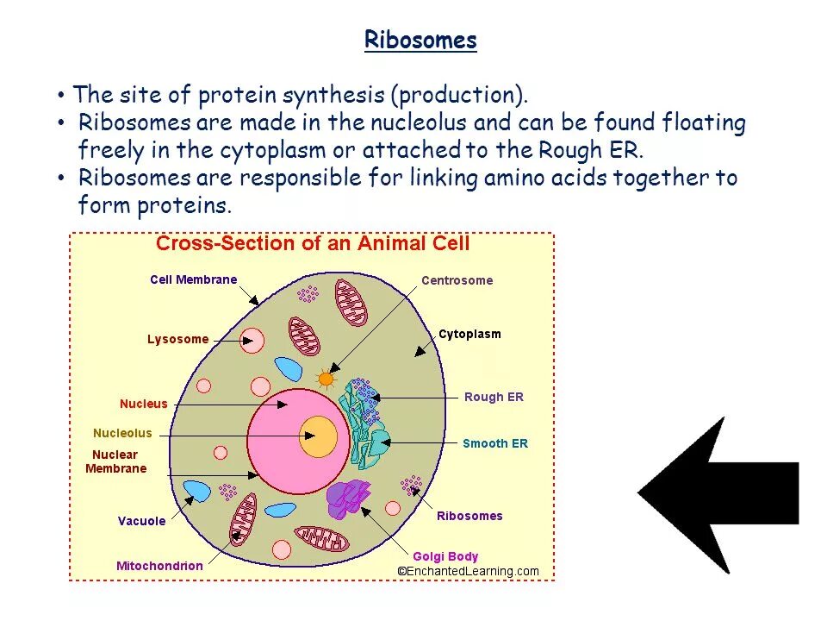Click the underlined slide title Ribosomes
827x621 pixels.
tap(420, 41)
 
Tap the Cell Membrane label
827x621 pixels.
tap(193, 279)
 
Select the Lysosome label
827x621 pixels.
tap(177, 339)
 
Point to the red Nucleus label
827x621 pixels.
tap(144, 404)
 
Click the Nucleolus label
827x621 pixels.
tap(122, 433)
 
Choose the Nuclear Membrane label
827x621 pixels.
tap(115, 461)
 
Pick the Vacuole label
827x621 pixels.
tap(141, 521)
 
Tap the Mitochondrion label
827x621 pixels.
tap(159, 566)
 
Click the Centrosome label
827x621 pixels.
tap(457, 280)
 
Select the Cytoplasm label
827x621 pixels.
tap(469, 334)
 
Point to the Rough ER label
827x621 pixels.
tap(494, 398)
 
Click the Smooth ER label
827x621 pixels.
tap(495, 443)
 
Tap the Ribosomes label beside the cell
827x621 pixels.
tap(469, 516)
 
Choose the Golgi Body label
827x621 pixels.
tap(445, 556)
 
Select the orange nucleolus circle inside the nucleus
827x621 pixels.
tap(319, 436)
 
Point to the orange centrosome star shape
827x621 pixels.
tap(326, 378)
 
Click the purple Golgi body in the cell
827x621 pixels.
tap(348, 499)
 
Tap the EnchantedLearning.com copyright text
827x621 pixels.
tap(468, 571)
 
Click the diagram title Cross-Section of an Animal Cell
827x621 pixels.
tap(313, 244)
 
